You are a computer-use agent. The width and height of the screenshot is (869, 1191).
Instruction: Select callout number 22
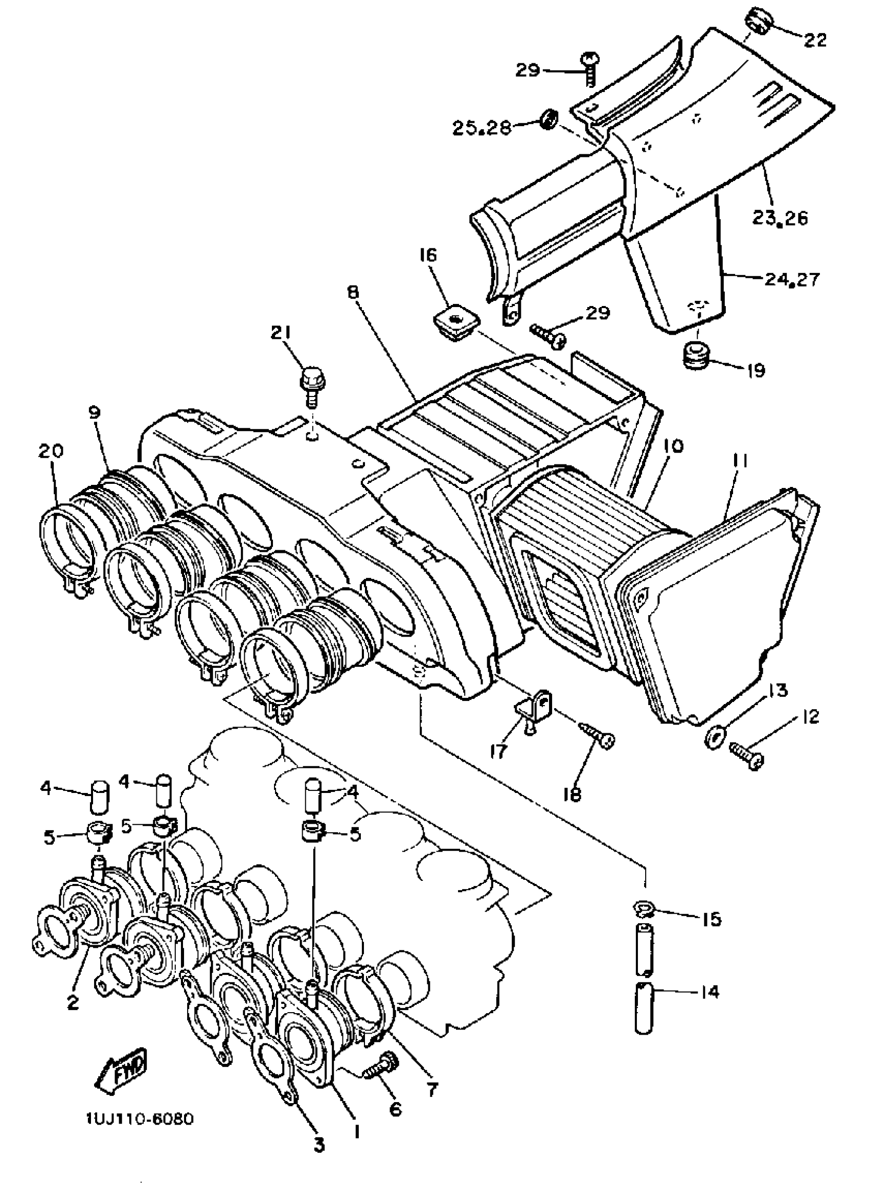pos(815,40)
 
